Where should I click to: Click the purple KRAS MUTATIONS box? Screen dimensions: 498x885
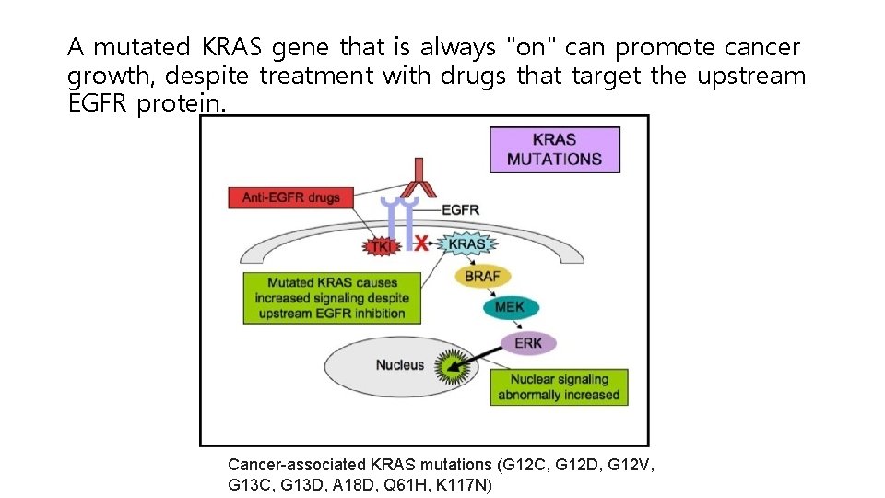(554, 149)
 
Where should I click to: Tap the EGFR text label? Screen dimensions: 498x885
(460, 209)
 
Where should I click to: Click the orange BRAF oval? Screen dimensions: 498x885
(481, 277)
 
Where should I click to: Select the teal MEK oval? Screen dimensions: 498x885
(509, 307)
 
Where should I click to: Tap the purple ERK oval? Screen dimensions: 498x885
(528, 343)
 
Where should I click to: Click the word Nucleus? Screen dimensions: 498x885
(399, 365)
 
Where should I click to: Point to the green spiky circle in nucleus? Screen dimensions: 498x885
(452, 368)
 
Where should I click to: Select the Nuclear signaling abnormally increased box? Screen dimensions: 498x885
(559, 387)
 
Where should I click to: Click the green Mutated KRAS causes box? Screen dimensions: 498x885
(332, 298)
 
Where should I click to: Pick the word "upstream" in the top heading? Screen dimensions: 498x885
(750, 76)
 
